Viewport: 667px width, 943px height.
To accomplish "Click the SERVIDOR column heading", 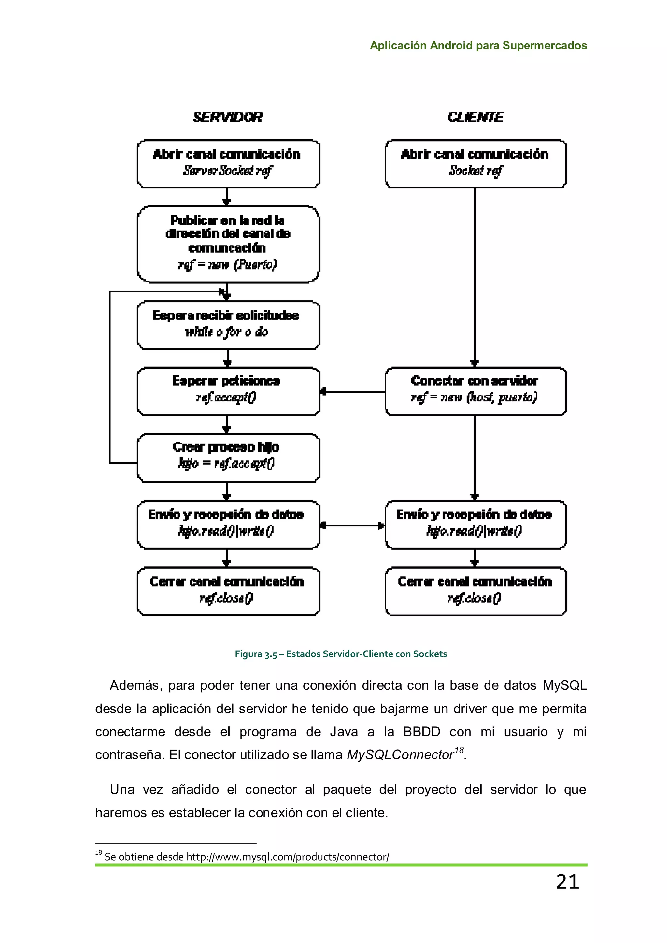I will [x=228, y=117].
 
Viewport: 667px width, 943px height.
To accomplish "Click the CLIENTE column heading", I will [x=475, y=117].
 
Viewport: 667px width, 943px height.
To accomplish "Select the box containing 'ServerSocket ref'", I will [x=228, y=164].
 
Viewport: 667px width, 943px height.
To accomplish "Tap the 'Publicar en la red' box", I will [x=228, y=244].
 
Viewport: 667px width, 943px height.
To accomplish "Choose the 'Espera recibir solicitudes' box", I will [x=228, y=325].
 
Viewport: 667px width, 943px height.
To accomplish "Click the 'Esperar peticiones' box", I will [x=228, y=391].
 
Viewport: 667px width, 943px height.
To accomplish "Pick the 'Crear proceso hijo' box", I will [x=228, y=457].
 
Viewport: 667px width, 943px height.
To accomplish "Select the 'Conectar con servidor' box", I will [x=475, y=391].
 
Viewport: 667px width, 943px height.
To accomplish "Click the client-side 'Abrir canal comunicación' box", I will [x=475, y=164].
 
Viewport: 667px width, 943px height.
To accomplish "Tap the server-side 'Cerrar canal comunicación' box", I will [x=228, y=591].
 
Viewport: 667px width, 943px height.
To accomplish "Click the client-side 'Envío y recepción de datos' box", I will [x=475, y=525].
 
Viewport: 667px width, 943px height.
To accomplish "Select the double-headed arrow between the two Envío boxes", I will [x=352, y=525].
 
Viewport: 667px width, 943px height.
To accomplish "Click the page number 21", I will [x=567, y=881].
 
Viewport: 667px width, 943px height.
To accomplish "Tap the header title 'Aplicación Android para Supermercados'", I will [x=478, y=46].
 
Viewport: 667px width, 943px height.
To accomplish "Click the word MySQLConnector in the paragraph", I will [x=400, y=755].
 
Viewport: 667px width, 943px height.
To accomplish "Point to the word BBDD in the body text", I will [x=421, y=732].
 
